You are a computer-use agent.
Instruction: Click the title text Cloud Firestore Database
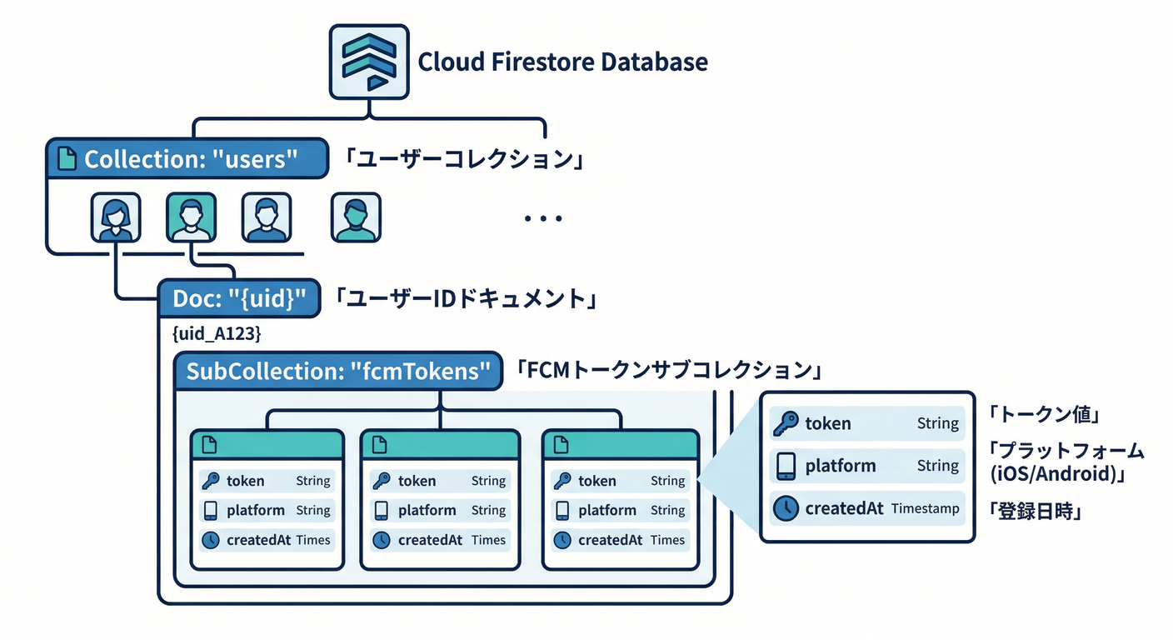click(x=562, y=62)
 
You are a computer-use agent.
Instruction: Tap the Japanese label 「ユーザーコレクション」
click(x=464, y=159)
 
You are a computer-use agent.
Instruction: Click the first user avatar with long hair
click(x=115, y=217)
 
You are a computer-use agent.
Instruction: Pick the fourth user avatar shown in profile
click(x=356, y=217)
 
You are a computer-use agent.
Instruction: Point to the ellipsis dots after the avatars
click(x=543, y=219)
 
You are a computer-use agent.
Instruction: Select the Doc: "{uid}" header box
click(x=239, y=297)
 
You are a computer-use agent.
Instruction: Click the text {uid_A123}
click(x=217, y=334)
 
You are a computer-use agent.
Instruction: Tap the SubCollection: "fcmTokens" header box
click(x=337, y=371)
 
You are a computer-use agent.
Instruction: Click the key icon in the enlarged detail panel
click(x=785, y=423)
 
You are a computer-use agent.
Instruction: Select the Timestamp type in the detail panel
click(x=925, y=508)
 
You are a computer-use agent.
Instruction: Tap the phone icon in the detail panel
click(x=785, y=466)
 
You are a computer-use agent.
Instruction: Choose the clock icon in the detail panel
click(x=785, y=508)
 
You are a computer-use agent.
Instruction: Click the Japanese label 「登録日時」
click(x=1035, y=510)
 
